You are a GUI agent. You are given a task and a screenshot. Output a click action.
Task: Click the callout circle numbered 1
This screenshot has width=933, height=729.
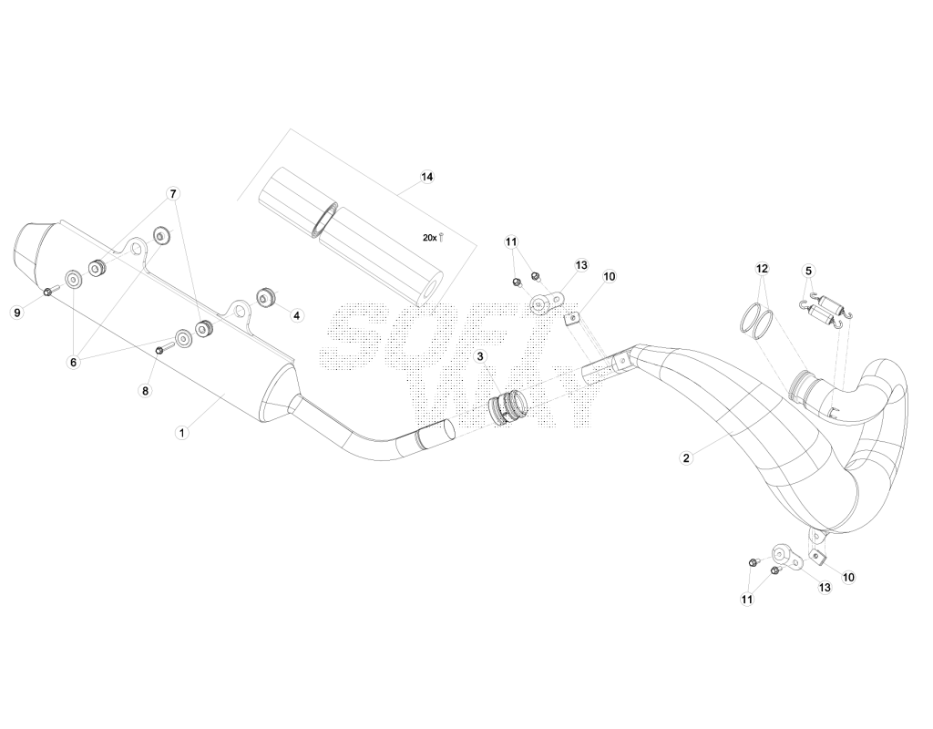(x=182, y=433)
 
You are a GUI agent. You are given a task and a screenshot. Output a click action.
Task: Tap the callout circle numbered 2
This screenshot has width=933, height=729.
(x=686, y=457)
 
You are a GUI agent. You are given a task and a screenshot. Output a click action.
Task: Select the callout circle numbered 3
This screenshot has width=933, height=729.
(x=480, y=356)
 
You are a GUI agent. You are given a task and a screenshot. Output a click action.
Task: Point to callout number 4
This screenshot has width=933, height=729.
(x=296, y=315)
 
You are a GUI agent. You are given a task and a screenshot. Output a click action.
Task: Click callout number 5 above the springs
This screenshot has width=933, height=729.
(x=808, y=271)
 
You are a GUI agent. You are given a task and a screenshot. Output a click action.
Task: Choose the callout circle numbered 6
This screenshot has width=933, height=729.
(x=74, y=363)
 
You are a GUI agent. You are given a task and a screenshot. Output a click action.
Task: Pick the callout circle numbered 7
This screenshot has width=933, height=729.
(x=173, y=194)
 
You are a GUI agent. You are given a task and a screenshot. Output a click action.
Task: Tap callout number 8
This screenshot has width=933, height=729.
(x=145, y=391)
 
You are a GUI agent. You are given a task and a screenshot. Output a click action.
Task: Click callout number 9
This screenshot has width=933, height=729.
(x=18, y=313)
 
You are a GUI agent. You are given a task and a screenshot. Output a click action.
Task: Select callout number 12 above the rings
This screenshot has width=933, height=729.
(x=763, y=269)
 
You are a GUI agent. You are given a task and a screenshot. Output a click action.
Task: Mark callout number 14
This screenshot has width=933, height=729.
(x=426, y=177)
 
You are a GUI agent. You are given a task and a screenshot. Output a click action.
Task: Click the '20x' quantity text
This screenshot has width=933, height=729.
(x=430, y=238)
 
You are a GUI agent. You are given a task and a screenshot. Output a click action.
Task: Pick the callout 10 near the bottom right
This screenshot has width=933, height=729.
(x=848, y=577)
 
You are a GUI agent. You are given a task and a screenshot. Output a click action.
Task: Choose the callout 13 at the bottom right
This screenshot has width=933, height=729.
(x=825, y=588)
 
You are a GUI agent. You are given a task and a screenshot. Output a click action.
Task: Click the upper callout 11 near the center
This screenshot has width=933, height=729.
(x=512, y=242)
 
